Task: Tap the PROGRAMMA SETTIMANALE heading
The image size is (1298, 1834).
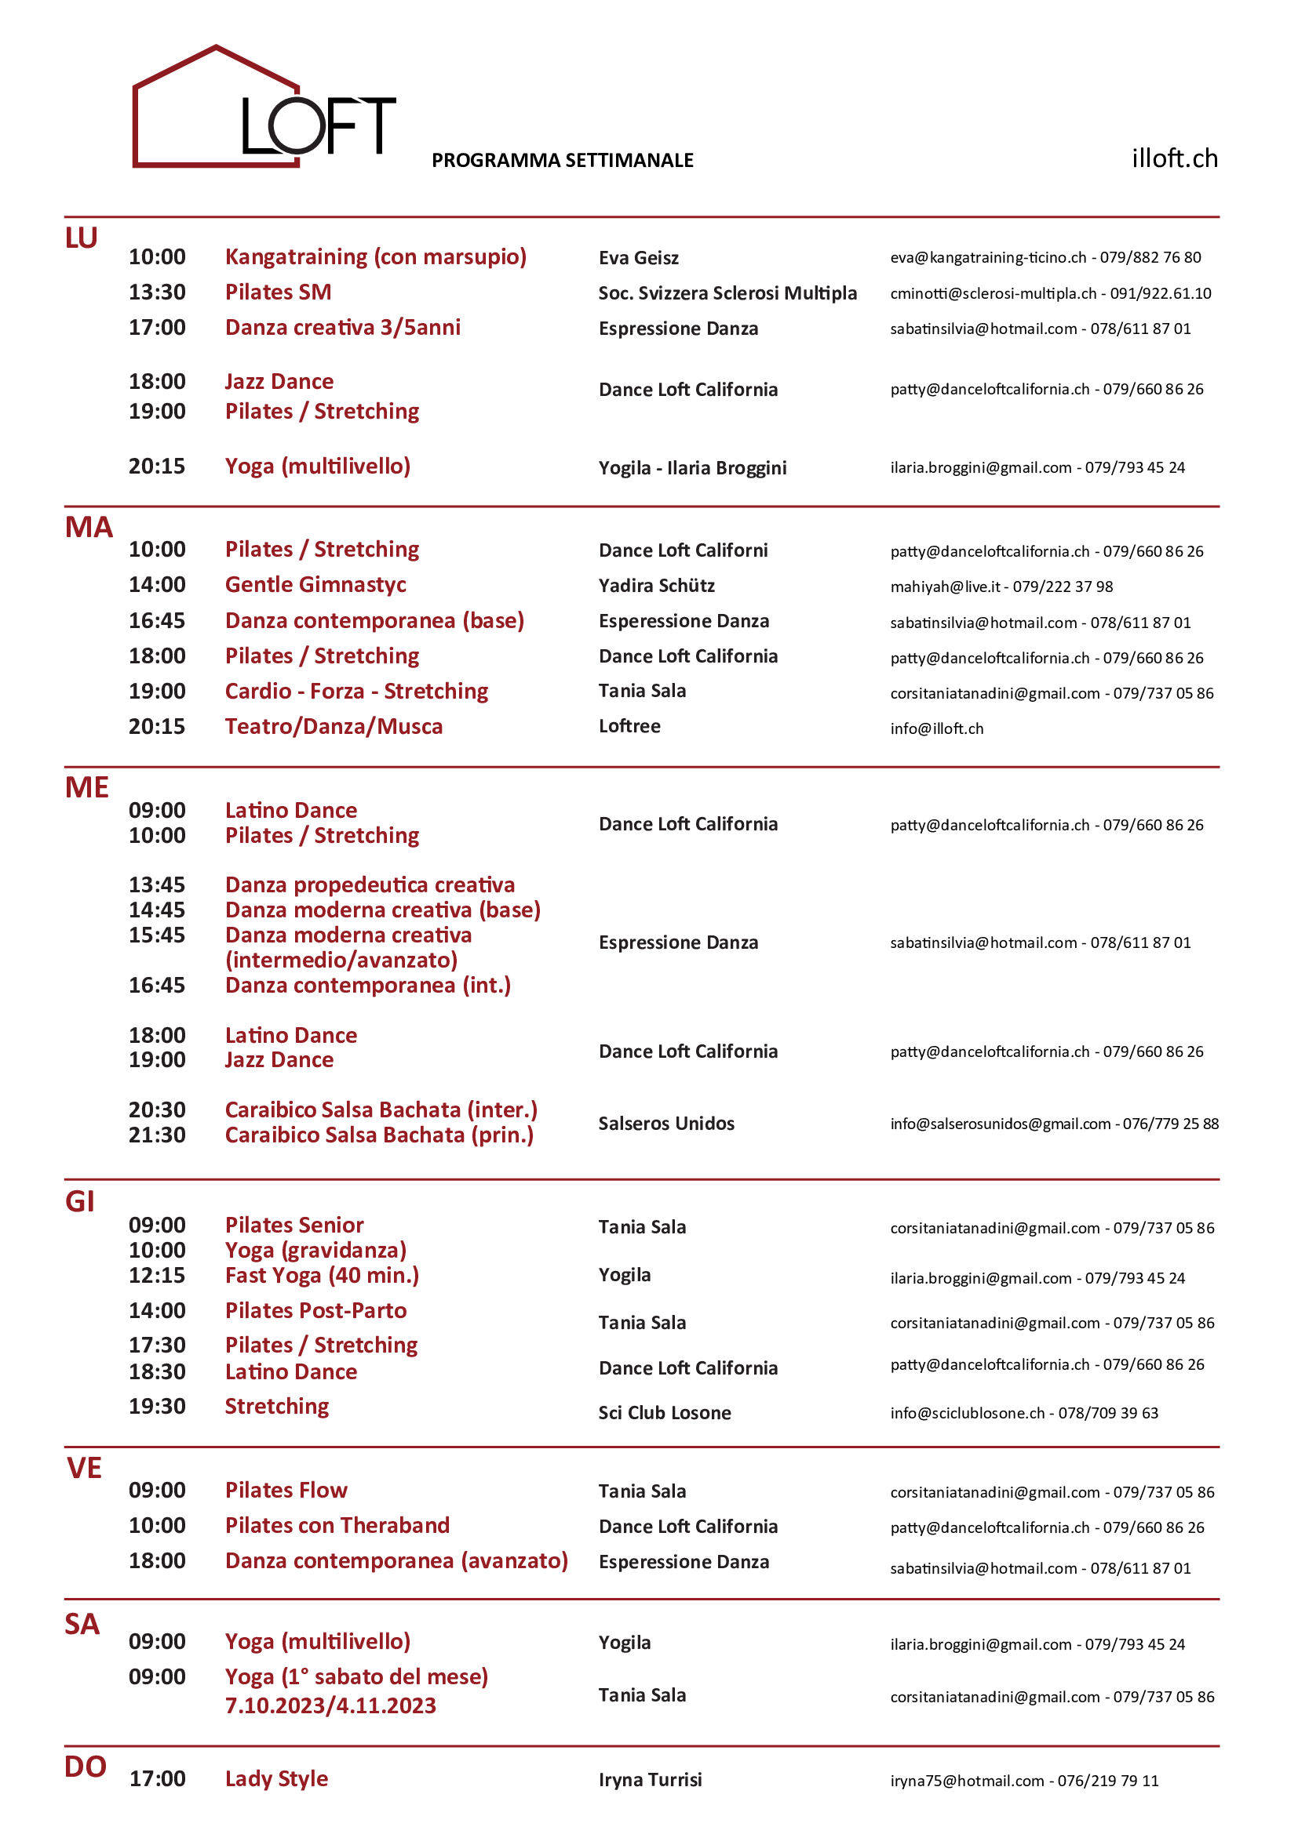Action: click(562, 161)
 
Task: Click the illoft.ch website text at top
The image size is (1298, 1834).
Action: click(1173, 158)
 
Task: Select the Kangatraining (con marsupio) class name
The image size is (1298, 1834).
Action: click(376, 257)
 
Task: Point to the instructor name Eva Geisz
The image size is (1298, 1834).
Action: click(638, 258)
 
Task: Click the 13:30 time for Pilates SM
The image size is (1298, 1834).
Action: click(157, 292)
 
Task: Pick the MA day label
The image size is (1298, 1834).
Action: click(89, 527)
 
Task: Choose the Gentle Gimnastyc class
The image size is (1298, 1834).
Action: click(315, 585)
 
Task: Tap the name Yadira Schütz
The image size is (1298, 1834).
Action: click(656, 586)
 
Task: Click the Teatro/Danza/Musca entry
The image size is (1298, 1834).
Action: click(334, 727)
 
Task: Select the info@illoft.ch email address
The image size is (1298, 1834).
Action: click(937, 728)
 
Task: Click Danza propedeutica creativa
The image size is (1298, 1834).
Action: click(370, 885)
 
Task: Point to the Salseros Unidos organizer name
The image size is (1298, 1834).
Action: click(665, 1124)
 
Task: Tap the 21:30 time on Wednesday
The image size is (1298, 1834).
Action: click(157, 1135)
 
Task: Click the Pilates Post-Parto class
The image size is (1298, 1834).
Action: click(315, 1311)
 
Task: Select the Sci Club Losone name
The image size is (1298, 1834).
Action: click(664, 1413)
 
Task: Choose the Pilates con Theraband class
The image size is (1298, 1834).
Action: click(337, 1526)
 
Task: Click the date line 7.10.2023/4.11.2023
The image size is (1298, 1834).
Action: click(330, 1706)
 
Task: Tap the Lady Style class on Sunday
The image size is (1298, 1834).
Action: click(276, 1779)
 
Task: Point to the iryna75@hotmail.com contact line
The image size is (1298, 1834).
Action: click(1024, 1781)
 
